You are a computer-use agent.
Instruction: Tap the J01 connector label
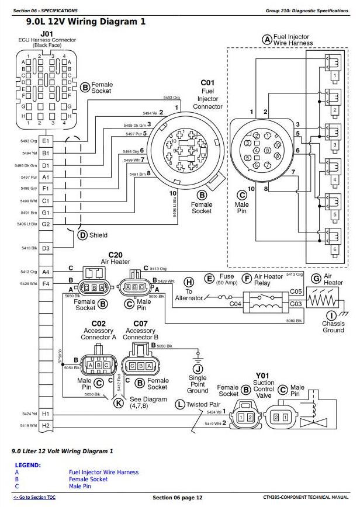[47, 34]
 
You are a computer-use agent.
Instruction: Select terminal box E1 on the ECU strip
[45, 141]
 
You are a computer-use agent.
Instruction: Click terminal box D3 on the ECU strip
[45, 248]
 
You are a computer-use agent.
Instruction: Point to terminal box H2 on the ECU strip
[45, 425]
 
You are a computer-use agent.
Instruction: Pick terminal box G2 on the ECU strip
[45, 224]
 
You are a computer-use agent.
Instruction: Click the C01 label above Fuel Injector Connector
[208, 84]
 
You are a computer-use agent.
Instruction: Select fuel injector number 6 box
[334, 249]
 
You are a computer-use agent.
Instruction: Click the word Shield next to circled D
[98, 235]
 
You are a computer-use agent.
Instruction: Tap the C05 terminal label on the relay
[296, 290]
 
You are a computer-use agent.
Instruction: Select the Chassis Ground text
[333, 327]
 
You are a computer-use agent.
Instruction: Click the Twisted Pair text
[204, 404]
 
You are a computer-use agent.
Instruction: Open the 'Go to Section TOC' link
[35, 498]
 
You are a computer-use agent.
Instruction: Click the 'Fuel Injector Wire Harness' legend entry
[103, 472]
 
